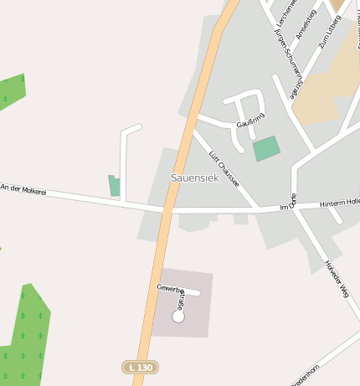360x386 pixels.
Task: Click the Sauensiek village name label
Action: coord(193,178)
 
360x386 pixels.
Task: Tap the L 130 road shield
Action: coord(140,367)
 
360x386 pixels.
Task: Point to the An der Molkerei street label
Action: coord(23,190)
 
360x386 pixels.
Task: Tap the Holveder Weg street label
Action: coord(336,279)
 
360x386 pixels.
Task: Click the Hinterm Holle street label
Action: coord(340,203)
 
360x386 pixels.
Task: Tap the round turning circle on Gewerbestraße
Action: coord(177,317)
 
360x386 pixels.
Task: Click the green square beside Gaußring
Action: coord(266,148)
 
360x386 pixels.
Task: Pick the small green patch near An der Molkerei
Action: coord(115,186)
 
